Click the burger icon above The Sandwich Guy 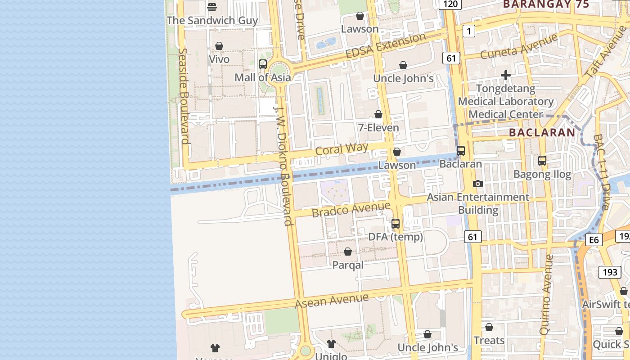pos(212,7)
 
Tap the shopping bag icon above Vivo pos(219,46)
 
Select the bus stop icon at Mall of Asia pos(263,64)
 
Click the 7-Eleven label pos(378,128)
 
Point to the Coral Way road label pos(342,148)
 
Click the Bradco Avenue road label pos(351,209)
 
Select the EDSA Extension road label pos(385,45)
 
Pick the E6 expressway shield pos(594,240)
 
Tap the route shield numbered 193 pos(610,272)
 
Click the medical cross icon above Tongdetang pos(506,75)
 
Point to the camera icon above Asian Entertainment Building pos(478,184)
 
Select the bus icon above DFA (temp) pos(396,223)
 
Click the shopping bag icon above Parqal pos(348,252)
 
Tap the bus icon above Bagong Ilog pos(542,160)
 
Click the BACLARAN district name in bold pos(542,132)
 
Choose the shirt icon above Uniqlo pos(331,344)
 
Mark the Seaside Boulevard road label pos(184,96)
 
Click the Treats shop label pos(489,341)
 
